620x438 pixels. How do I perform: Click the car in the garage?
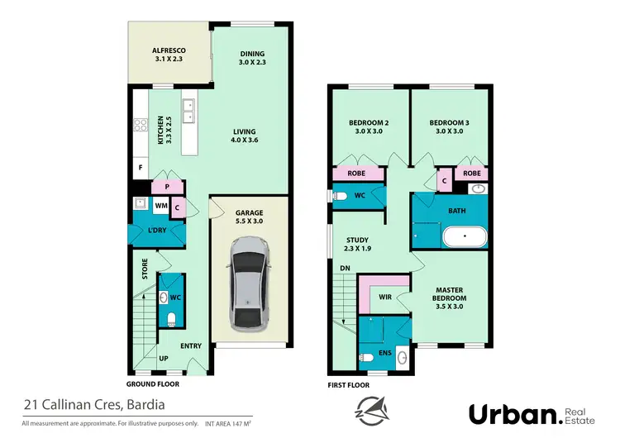pyautogui.click(x=249, y=282)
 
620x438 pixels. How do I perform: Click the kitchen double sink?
pyautogui.click(x=189, y=111)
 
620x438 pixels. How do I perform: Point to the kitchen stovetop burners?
pyautogui.click(x=139, y=126)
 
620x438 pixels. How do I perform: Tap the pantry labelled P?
pyautogui.click(x=167, y=187)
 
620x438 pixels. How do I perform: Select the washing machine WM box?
pyautogui.click(x=160, y=205)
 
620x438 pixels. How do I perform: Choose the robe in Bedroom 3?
pyautogui.click(x=471, y=174)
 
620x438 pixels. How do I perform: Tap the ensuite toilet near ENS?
pyautogui.click(x=367, y=359)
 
